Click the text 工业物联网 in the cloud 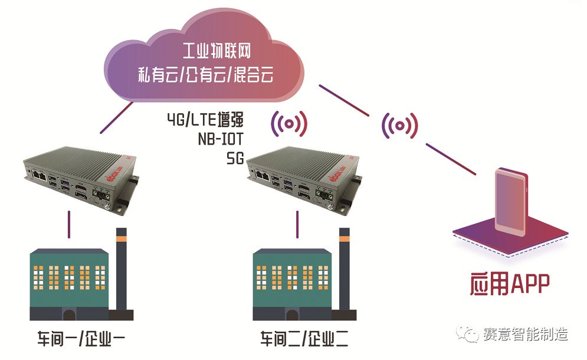point(217,52)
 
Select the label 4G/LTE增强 point(204,120)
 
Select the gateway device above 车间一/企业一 point(80,176)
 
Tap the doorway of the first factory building point(69,315)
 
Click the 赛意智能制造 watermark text point(524,334)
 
